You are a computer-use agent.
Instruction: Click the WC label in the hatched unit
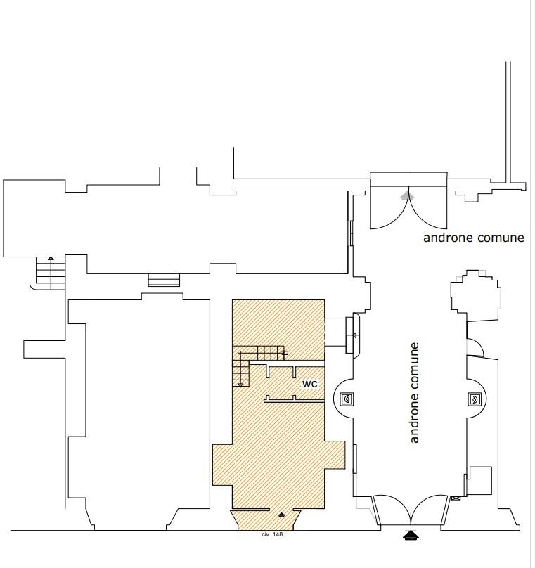310,384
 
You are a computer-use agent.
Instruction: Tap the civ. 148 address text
272,534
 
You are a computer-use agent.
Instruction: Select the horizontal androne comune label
473,238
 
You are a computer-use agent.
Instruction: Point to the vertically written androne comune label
414,393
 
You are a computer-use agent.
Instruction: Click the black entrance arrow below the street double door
411,535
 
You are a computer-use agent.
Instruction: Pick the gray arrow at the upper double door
408,195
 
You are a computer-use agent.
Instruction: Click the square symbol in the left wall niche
347,399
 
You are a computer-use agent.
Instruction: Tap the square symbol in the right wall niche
474,399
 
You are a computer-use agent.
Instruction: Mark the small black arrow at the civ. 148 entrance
281,515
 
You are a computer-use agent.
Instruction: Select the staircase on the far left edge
51,273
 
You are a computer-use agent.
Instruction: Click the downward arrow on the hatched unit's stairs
240,374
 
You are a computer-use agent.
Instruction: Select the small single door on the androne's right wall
475,347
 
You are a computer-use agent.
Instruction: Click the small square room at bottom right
481,481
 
